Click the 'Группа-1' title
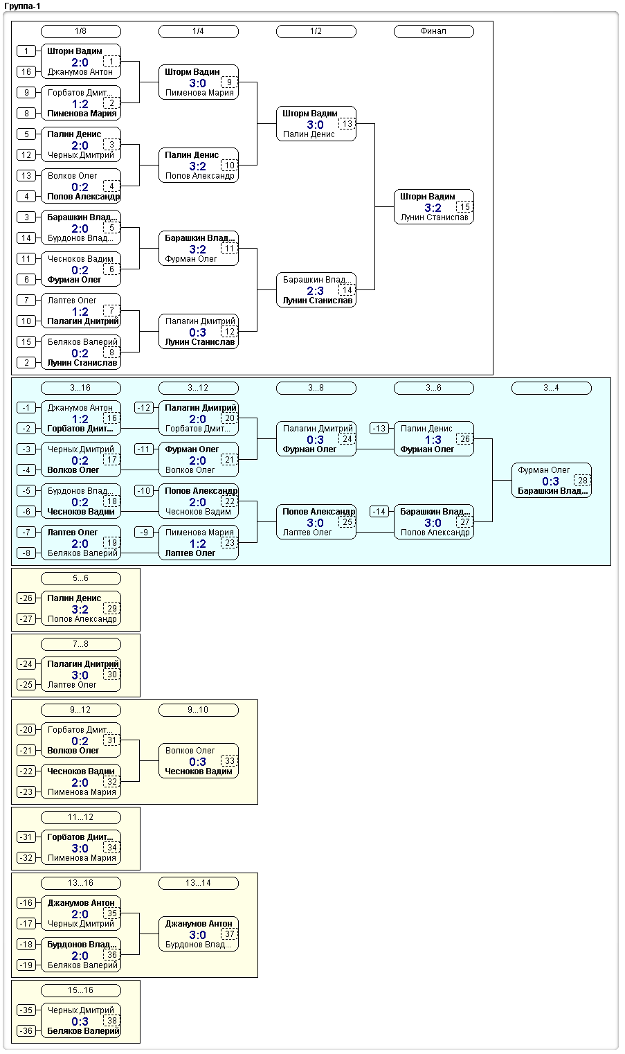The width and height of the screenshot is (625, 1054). pos(22,6)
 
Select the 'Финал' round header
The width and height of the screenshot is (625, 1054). pos(433,32)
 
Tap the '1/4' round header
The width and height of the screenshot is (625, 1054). pos(198,32)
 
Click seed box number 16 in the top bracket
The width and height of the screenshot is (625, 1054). pos(26,72)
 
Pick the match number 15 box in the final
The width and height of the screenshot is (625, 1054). pos(464,207)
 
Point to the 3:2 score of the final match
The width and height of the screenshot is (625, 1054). pos(433,208)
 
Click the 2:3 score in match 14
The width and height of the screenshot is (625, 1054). pos(315,291)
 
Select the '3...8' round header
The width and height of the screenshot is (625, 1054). pos(316,388)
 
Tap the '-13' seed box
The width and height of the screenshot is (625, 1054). pos(379,429)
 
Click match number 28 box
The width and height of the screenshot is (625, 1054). pos(582,481)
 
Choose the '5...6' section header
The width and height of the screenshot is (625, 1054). pos(80,579)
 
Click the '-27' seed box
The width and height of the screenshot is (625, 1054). pos(26,619)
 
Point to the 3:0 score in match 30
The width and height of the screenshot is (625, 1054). pos(80,675)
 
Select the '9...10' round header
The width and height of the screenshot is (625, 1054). pos(198,710)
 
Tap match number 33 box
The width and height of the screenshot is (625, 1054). pos(230,761)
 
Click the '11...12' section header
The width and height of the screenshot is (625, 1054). pos(80,817)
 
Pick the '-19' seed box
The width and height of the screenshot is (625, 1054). pos(26,965)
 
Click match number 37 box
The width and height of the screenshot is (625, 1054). pos(230,934)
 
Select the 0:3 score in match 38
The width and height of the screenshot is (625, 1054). pos(80,1021)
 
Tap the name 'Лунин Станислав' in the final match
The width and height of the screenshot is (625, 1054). pos(434,217)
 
